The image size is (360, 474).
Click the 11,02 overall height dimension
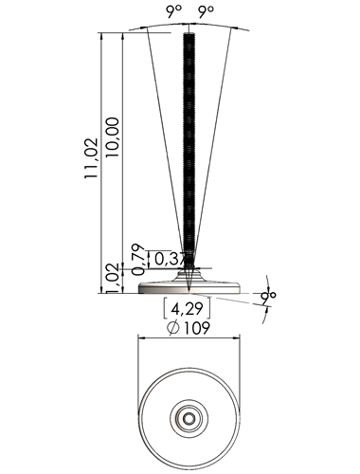(x=91, y=158)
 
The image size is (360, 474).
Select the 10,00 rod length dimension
(x=113, y=137)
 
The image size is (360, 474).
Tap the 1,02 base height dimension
(x=114, y=278)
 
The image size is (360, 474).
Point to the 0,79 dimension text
(x=138, y=259)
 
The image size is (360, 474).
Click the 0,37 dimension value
(x=172, y=260)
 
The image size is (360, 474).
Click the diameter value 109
(x=197, y=328)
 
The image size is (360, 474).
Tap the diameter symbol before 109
(x=173, y=328)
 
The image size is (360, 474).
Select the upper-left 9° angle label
(x=174, y=11)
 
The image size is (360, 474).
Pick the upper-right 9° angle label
(x=206, y=11)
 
